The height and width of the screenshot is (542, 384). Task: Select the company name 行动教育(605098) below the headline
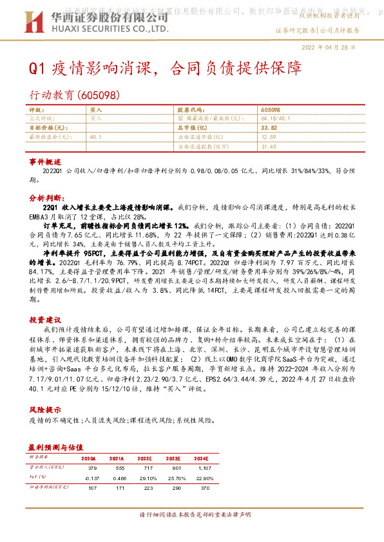pos(75,95)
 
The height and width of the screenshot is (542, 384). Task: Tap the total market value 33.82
pos(269,128)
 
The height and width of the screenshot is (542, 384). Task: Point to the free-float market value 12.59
pos(269,137)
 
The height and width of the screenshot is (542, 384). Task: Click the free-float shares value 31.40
pos(270,146)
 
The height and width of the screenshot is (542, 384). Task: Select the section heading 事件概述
pos(45,161)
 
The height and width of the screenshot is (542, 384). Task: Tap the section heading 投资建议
pos(45,319)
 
